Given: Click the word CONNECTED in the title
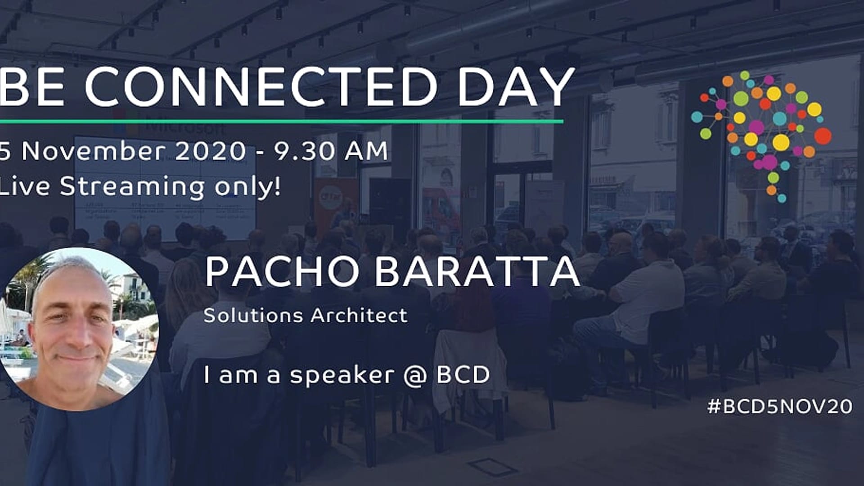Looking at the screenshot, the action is [261, 86].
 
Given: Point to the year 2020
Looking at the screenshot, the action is [210, 151].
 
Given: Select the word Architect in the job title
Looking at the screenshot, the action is [359, 315].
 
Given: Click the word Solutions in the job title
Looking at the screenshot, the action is [253, 315].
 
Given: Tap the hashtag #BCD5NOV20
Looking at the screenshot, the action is [780, 407].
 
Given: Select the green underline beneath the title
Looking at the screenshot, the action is [281, 121].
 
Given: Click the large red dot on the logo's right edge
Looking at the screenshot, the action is [823, 136].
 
